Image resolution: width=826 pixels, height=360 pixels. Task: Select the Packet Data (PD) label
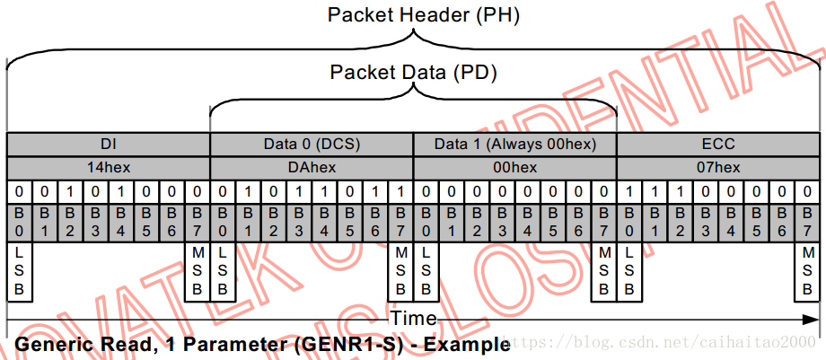[x=413, y=72]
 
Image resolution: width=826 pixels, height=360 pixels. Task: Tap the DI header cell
[x=108, y=144]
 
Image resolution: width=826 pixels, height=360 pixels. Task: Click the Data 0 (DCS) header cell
[x=311, y=144]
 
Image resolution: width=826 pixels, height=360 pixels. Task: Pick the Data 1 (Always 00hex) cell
[x=514, y=144]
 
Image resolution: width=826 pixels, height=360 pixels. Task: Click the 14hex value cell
[x=108, y=167]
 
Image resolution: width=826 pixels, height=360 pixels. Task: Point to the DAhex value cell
[x=311, y=167]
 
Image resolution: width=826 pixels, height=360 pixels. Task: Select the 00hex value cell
[x=514, y=167]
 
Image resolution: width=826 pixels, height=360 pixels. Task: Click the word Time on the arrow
[x=413, y=319]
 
